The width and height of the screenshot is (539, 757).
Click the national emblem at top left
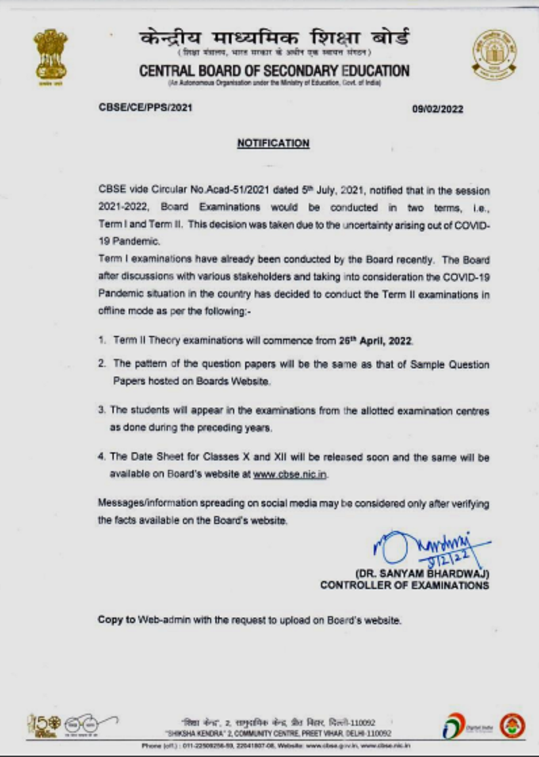pos(51,55)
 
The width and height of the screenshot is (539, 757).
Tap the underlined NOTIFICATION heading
pos(273,144)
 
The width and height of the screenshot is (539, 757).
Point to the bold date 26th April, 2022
pos(376,341)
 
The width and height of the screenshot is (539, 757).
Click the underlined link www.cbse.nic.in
pos(290,475)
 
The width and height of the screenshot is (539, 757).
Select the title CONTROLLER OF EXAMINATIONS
pos(404,586)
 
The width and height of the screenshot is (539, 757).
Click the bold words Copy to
pos(116,620)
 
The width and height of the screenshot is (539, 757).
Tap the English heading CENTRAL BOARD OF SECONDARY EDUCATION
pos(274,71)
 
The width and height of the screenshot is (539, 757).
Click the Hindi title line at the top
pos(274,37)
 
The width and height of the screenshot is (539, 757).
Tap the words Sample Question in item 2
pos(449,364)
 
